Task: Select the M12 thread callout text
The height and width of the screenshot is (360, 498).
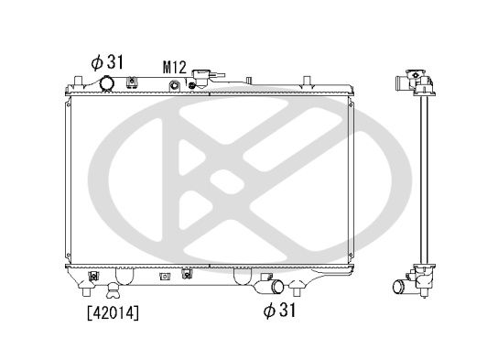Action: (x=176, y=67)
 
